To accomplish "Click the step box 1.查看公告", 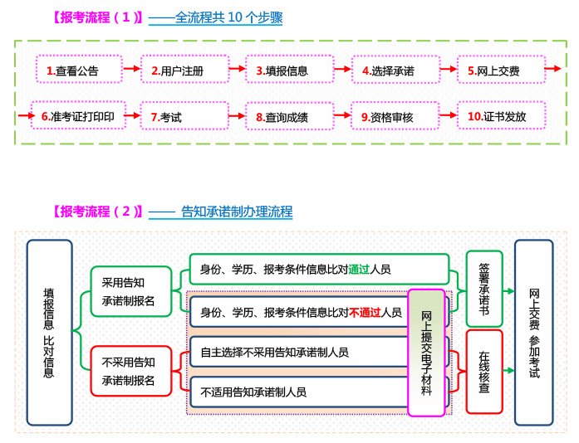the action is coord(79,69).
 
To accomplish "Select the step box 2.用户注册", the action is coord(185,69).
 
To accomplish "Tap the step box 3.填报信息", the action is coord(290,69).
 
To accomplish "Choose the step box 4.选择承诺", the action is coord(396,70).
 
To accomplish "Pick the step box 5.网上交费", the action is coord(502,70).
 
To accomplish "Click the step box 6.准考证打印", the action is coord(78,115).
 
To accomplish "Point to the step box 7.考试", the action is coord(184,116).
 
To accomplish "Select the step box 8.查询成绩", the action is coord(290,116).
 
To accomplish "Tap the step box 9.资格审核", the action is coord(395,116).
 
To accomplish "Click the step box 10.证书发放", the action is coord(502,115).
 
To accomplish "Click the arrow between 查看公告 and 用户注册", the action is coord(132,68).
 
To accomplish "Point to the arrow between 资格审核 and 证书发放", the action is coord(449,115).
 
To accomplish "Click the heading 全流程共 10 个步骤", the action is coord(229,17).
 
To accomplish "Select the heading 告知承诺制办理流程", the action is coord(237,212).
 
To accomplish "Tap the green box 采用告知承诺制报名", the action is coord(131,291).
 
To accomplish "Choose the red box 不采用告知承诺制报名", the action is coord(131,371).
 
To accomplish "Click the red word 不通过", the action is coord(365,313).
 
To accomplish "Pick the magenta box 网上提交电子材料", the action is coord(426,353).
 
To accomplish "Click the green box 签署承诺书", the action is coord(484,289).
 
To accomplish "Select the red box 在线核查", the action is coord(484,372).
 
